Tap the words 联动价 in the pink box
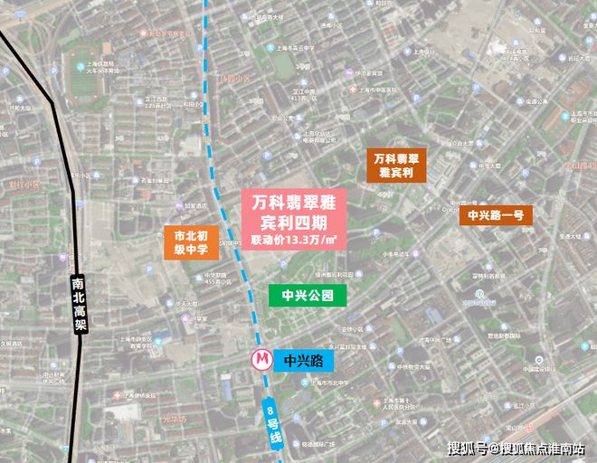click(267, 240)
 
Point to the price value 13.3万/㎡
click(310, 240)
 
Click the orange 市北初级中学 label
click(191, 242)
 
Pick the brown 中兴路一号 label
click(495, 215)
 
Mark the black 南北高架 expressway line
click(63, 181)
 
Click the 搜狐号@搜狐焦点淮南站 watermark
click(516, 448)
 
